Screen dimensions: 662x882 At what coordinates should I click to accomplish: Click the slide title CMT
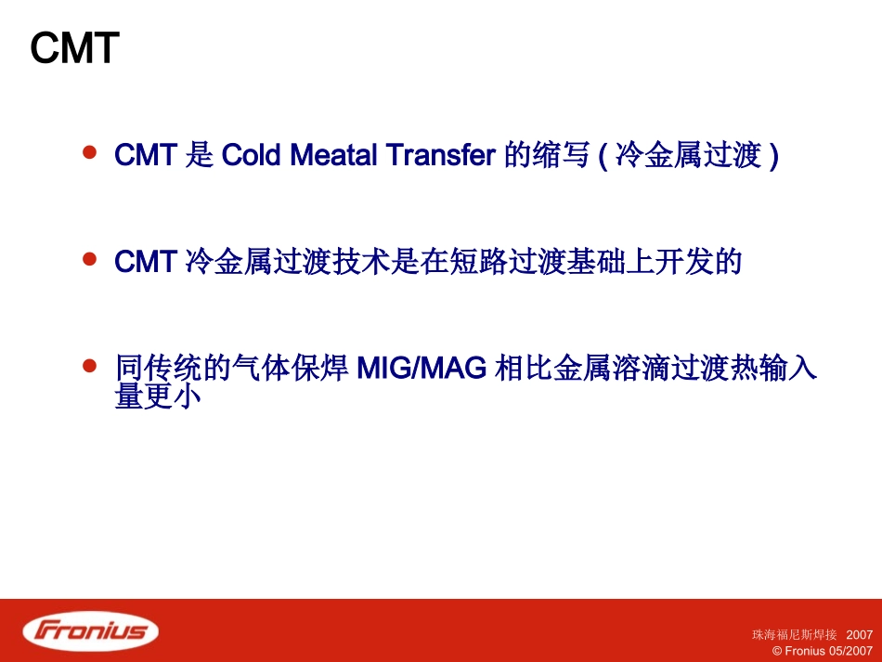point(75,48)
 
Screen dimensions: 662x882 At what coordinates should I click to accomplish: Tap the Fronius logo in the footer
point(91,631)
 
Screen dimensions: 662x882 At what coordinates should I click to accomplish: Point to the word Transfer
point(439,155)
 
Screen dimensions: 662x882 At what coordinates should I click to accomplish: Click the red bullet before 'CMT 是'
point(90,151)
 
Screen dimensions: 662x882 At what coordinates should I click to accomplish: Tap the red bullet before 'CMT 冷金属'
point(90,259)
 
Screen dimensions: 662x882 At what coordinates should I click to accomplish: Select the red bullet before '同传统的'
point(90,366)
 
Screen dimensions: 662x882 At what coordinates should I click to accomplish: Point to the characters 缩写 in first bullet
point(560,155)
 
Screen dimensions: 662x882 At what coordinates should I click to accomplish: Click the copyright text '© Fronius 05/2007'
point(823,651)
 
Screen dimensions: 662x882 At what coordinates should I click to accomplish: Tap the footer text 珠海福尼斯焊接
point(794,635)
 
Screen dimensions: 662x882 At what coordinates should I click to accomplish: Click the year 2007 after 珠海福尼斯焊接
point(860,635)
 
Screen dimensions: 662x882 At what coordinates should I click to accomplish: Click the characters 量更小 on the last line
point(157,397)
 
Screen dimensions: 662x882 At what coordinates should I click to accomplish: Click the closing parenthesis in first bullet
point(773,155)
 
